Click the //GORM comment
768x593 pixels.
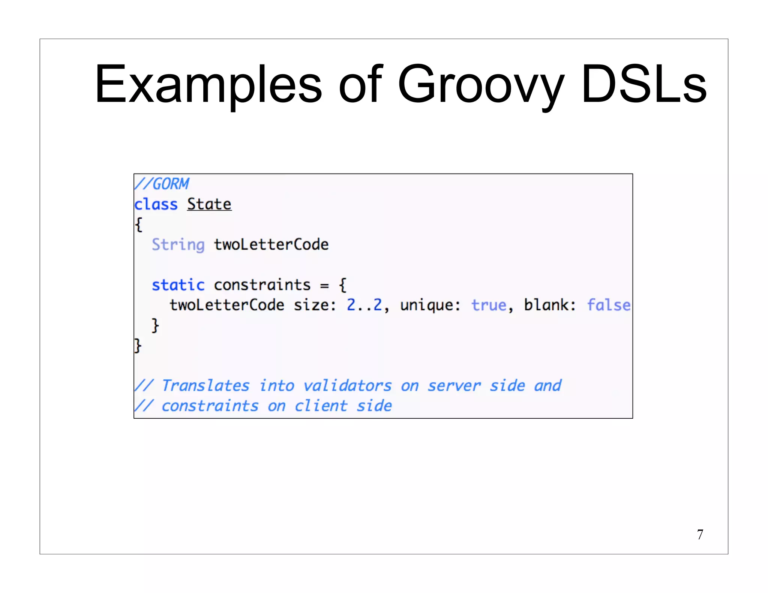pyautogui.click(x=162, y=184)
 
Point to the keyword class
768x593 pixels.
pyautogui.click(x=156, y=205)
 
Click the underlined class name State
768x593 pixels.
pyautogui.click(x=209, y=205)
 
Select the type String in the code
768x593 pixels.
pyautogui.click(x=178, y=245)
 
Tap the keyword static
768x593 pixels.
pyautogui.click(x=178, y=285)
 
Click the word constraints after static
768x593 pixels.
pyautogui.click(x=262, y=285)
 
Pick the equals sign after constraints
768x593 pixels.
pyautogui.click(x=324, y=286)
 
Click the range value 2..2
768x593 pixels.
pyautogui.click(x=364, y=305)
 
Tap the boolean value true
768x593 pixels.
pyautogui.click(x=489, y=305)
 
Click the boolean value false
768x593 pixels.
pyautogui.click(x=608, y=305)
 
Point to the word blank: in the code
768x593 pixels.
pyautogui.click(x=550, y=305)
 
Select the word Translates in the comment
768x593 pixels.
pyautogui.click(x=205, y=386)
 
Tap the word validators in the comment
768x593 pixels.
pyautogui.click(x=347, y=386)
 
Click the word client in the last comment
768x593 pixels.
pyautogui.click(x=321, y=406)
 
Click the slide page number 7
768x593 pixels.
pyautogui.click(x=700, y=535)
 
